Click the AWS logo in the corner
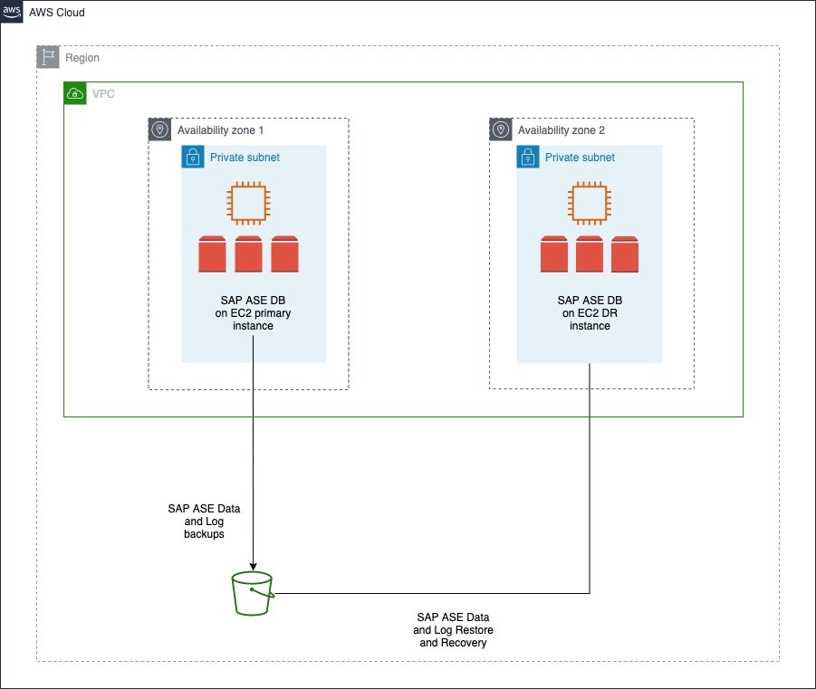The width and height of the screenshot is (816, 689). (12, 13)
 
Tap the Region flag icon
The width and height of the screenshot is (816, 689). (48, 58)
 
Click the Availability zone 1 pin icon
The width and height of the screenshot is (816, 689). (160, 130)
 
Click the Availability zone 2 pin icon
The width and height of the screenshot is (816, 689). (501, 130)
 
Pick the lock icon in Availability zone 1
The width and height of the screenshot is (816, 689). (193, 157)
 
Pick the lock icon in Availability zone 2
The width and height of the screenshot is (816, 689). (528, 157)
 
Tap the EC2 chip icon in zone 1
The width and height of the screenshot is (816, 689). (248, 203)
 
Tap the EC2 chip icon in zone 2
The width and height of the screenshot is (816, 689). (589, 203)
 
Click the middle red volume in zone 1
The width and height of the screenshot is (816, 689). (248, 254)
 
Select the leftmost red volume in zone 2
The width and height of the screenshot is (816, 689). (553, 254)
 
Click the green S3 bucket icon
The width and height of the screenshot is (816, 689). (252, 593)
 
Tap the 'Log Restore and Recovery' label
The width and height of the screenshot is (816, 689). (453, 629)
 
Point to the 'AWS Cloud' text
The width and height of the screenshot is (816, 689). (58, 14)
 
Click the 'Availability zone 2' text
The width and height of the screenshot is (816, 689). (562, 130)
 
